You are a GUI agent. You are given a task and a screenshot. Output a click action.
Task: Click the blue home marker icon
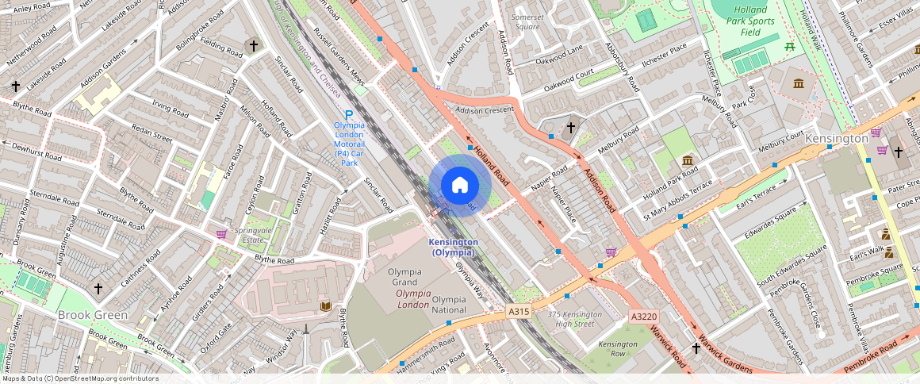460,185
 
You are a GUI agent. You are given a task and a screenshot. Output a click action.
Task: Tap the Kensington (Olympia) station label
453,247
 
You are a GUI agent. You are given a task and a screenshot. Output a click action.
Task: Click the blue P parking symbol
348,116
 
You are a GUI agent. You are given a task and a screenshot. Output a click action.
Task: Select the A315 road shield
519,312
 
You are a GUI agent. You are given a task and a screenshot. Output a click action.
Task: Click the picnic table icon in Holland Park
789,48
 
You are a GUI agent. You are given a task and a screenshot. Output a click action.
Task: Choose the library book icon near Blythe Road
324,306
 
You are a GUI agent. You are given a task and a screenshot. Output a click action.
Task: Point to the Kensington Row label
618,348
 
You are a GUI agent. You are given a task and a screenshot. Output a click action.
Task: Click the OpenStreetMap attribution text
79,378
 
